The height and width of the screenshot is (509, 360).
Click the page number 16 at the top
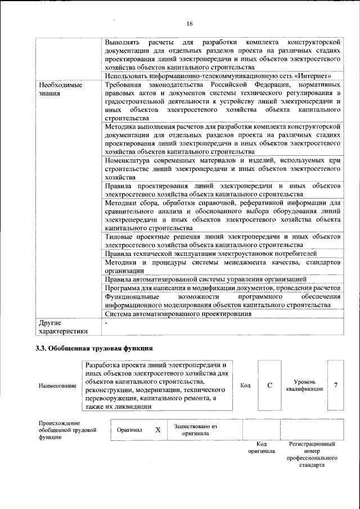190,23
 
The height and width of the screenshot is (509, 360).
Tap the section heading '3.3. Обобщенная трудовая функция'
94,349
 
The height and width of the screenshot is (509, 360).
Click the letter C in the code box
270,385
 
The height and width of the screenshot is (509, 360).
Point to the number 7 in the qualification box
336,385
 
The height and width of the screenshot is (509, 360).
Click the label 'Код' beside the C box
245,385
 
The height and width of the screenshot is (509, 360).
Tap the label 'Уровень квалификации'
304,385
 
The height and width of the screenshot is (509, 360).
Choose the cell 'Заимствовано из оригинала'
195,430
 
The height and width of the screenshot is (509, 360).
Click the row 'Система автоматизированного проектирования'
178,314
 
